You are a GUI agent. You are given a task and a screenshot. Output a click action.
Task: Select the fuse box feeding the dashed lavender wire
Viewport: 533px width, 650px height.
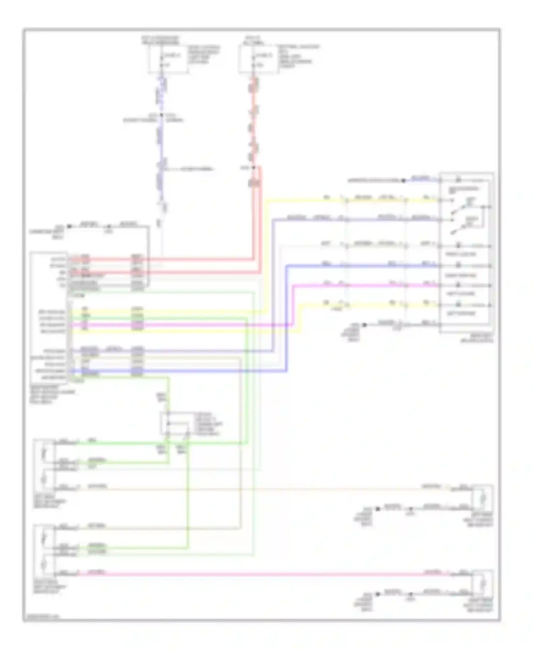click(168, 59)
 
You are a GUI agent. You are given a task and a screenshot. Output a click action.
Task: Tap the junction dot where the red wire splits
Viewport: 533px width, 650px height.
click(254, 167)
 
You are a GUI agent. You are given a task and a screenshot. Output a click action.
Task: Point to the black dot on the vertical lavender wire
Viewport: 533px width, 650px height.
click(162, 115)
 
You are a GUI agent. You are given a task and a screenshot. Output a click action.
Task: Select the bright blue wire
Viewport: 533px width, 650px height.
click(355, 265)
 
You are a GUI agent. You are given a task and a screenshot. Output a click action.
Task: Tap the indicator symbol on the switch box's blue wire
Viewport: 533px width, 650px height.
click(459, 265)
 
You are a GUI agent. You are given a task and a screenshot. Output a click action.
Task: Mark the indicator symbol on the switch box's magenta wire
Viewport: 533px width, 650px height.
click(459, 285)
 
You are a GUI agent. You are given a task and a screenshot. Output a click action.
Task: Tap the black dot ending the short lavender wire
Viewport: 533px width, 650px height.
click(403, 181)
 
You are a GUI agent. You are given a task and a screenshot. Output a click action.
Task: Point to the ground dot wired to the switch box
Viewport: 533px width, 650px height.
click(364, 325)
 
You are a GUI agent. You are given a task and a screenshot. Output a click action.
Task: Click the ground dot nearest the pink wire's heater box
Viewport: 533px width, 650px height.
click(378, 594)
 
